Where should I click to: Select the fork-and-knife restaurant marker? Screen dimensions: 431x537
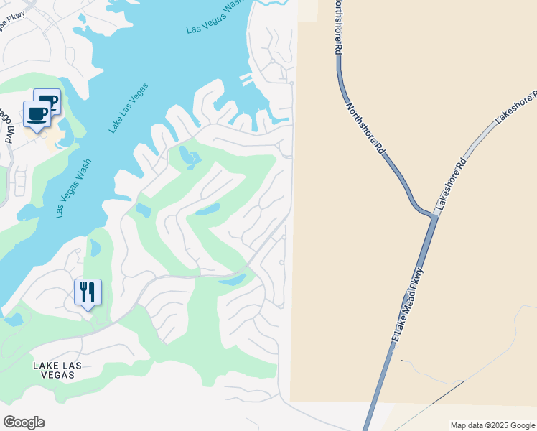click(x=88, y=292)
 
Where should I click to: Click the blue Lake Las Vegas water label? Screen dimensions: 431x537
click(x=129, y=108)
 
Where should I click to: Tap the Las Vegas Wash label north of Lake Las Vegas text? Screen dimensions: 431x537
click(x=215, y=17)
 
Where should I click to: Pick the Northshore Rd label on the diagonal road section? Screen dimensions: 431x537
click(x=367, y=129)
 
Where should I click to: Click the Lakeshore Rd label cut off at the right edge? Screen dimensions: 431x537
click(x=515, y=108)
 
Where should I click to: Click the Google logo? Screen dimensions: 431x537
click(x=24, y=422)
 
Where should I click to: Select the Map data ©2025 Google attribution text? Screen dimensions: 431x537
click(x=492, y=425)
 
